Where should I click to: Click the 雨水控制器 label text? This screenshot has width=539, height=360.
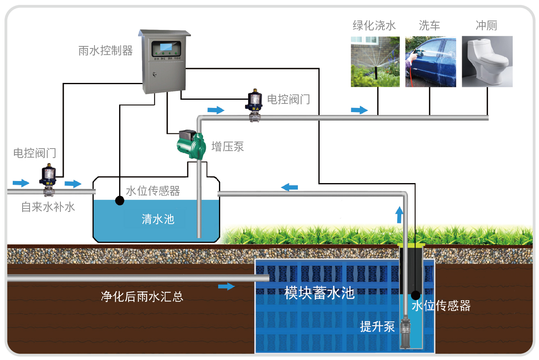(106, 50)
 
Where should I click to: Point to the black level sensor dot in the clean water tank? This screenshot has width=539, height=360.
(120, 200)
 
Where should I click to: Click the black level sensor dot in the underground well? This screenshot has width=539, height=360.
(415, 295)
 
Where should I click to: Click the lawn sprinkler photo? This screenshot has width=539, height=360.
(375, 62)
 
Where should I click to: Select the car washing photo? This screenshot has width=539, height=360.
(431, 62)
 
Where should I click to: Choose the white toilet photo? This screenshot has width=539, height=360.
(487, 62)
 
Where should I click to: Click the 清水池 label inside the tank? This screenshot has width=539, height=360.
(158, 219)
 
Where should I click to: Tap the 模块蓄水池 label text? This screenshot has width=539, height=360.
(320, 293)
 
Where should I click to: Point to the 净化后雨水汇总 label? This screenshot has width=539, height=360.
(142, 296)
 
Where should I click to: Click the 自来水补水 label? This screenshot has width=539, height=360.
(48, 206)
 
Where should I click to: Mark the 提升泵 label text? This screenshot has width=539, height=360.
(377, 327)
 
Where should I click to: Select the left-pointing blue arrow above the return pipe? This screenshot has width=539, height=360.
(289, 187)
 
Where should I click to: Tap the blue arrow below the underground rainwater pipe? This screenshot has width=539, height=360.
(226, 286)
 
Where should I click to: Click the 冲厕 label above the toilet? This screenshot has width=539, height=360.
(486, 25)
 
